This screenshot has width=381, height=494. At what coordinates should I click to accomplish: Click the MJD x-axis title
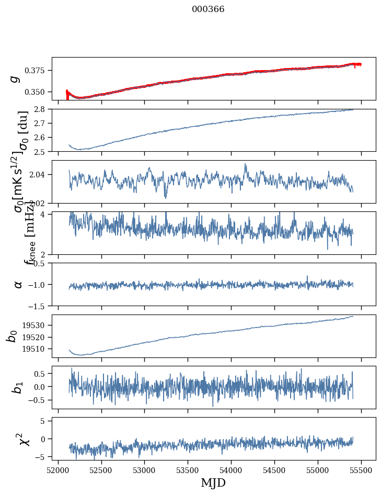213,482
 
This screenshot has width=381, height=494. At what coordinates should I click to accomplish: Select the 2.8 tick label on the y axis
42,109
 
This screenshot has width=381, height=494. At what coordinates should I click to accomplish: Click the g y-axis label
16,78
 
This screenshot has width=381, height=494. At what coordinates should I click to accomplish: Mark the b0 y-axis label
11,336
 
